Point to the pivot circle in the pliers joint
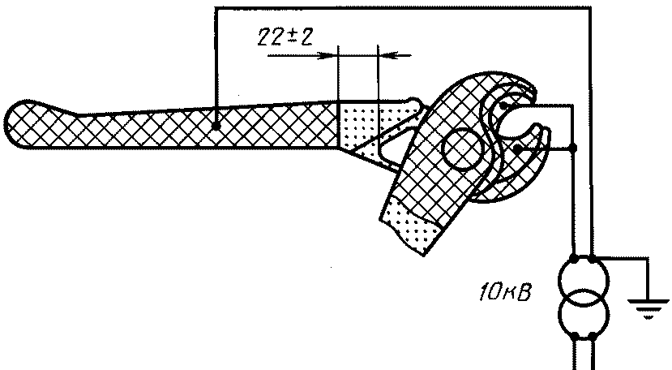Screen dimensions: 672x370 tap(461, 148)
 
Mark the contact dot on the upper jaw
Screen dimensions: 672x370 tap(503, 105)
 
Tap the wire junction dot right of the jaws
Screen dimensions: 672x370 tap(574, 148)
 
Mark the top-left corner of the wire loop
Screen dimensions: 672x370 tap(216, 8)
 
